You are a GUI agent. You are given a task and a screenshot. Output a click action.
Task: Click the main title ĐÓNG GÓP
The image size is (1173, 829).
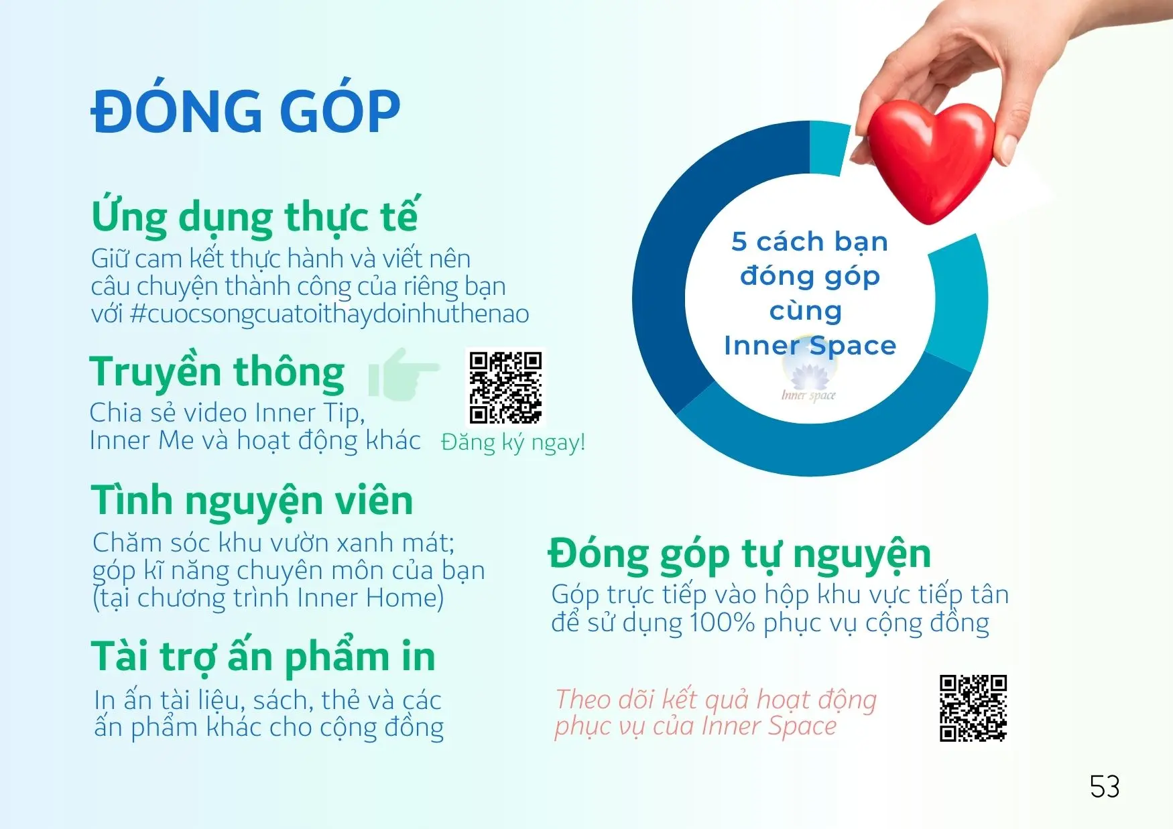click(245, 110)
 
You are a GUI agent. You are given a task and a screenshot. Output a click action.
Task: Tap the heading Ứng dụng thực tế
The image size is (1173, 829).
click(255, 216)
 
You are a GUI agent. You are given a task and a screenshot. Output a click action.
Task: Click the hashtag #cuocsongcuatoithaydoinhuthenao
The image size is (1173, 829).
click(329, 313)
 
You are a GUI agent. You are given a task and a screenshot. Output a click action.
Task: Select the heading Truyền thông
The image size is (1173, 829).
click(217, 372)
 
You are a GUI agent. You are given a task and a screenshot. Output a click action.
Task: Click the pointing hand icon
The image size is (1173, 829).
click(403, 375)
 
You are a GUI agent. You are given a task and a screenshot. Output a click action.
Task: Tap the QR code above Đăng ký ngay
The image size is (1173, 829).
click(505, 388)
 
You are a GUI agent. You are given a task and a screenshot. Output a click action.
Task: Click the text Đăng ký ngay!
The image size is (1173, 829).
click(513, 442)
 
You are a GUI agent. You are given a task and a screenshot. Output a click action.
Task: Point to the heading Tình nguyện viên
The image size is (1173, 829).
click(252, 501)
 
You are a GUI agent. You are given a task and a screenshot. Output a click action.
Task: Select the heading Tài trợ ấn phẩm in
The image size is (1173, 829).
click(263, 656)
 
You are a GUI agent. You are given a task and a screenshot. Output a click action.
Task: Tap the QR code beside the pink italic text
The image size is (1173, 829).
click(973, 708)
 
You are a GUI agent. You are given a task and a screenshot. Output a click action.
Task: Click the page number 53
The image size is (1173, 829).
click(1105, 787)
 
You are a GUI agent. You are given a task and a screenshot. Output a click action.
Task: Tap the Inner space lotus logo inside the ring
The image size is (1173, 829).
click(809, 379)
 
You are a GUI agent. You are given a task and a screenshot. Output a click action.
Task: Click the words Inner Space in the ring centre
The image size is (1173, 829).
click(810, 345)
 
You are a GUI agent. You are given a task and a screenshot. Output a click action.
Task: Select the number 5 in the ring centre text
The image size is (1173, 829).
click(739, 241)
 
